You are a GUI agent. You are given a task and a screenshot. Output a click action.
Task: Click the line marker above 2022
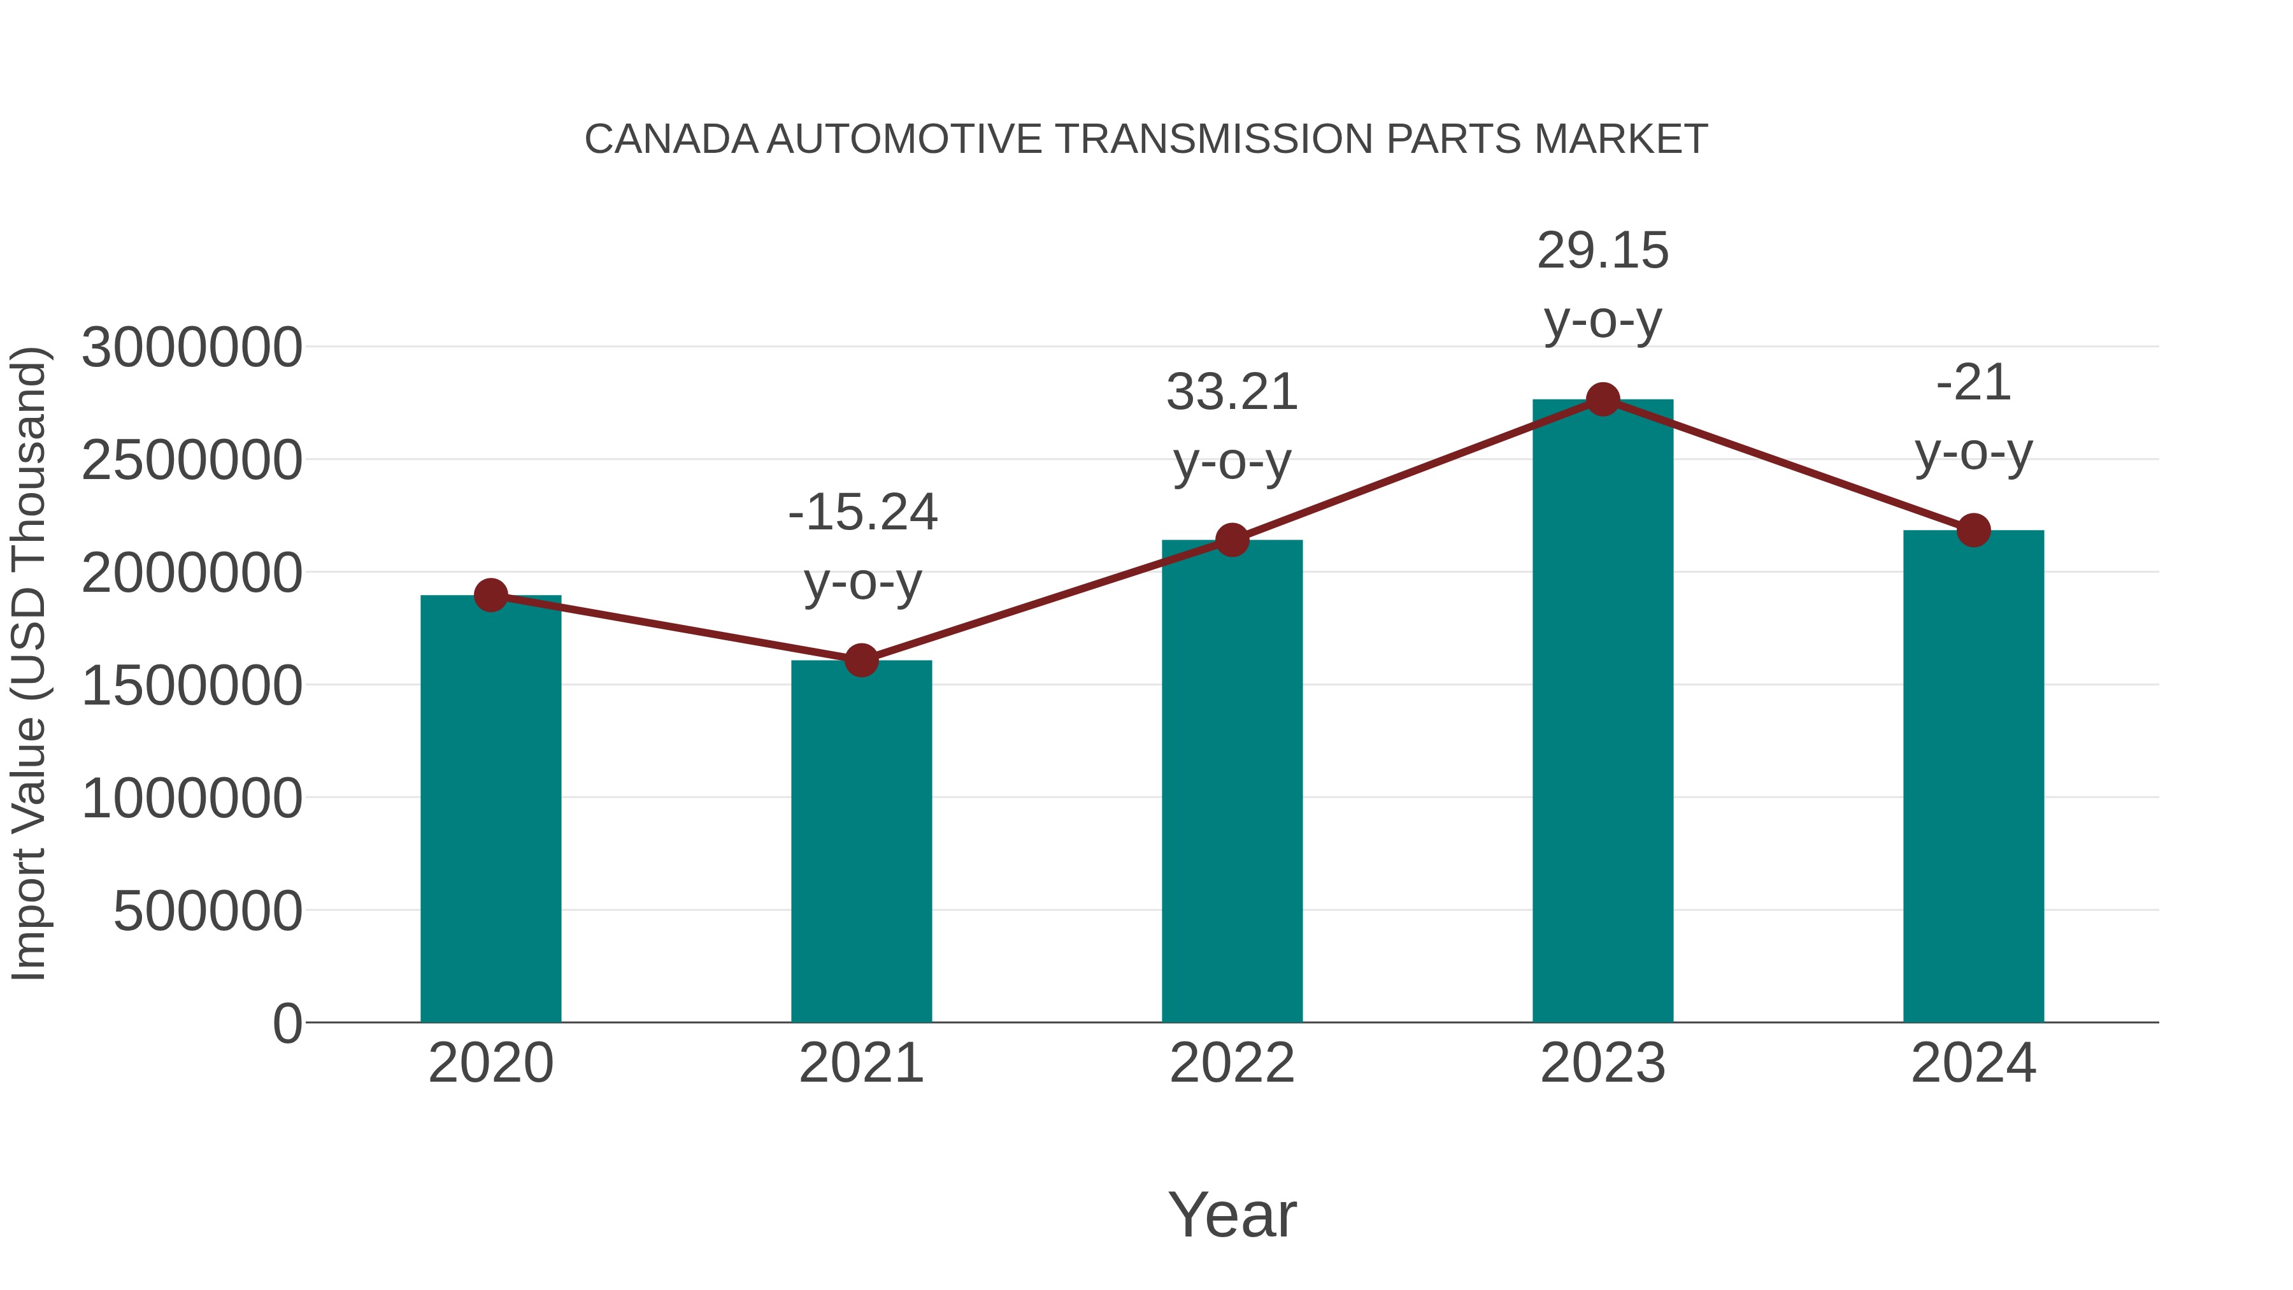(1232, 540)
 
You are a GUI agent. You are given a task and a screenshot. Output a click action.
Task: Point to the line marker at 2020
(490, 595)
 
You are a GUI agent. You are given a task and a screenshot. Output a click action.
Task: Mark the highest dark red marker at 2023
(1603, 399)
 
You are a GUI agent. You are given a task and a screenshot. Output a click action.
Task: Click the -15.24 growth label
(862, 513)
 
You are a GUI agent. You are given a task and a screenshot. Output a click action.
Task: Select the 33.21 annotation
(1232, 392)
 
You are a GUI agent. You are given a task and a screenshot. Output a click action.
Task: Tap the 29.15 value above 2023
(1603, 251)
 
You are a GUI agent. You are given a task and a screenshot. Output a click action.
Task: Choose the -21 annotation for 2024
(1973, 383)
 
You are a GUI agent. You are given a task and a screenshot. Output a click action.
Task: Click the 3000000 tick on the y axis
(191, 347)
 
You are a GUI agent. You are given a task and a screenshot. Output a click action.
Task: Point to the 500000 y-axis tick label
(208, 911)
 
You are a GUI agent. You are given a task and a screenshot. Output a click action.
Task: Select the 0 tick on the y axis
(287, 1023)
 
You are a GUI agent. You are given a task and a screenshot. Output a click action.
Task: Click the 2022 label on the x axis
(1232, 1063)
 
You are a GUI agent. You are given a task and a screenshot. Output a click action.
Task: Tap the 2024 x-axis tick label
(1973, 1063)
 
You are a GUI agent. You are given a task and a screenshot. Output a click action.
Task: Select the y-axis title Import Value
(29, 663)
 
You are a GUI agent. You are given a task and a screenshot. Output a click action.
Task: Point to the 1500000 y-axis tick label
(191, 685)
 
